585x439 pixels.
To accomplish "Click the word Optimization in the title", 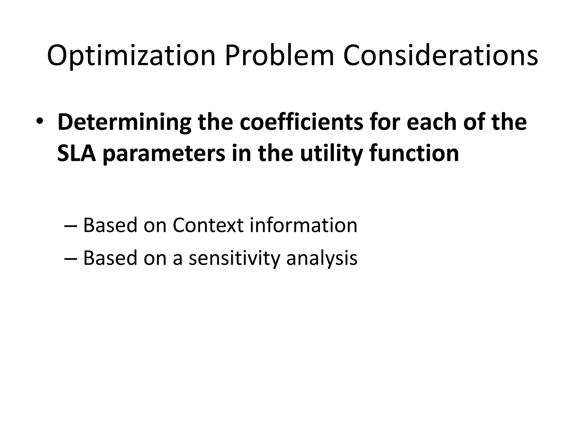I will click(x=131, y=55).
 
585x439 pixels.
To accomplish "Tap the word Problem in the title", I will click(x=279, y=55).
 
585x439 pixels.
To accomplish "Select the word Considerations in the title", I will click(x=440, y=55).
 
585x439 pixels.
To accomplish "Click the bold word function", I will click(x=414, y=154).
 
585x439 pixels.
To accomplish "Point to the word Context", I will click(x=208, y=225).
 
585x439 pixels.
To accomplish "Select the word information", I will click(x=303, y=225).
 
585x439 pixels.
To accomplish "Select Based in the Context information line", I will click(x=110, y=225).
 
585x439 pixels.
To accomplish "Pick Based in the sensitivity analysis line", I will click(x=110, y=258).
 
